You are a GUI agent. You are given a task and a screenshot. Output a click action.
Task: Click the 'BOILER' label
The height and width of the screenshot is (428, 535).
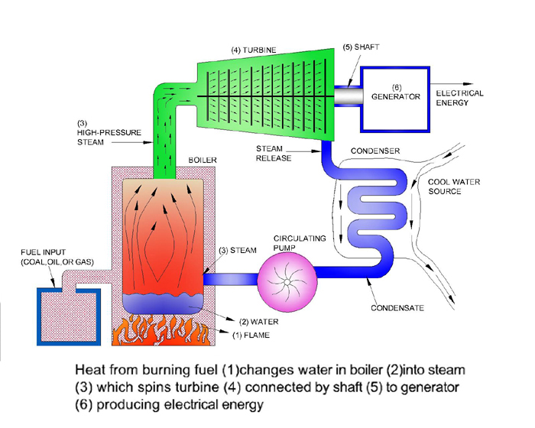pyautogui.click(x=203, y=160)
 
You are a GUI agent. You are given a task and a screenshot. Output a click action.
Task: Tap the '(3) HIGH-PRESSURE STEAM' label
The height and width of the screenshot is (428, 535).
pyautogui.click(x=108, y=131)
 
